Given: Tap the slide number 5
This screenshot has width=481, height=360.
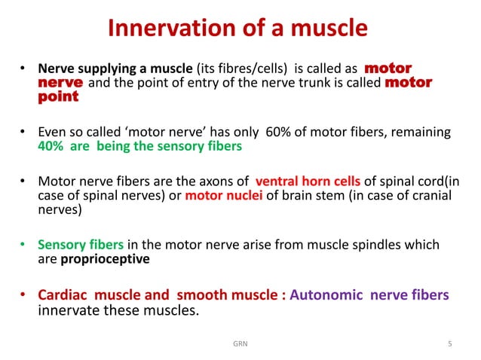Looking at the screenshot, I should click(450, 345).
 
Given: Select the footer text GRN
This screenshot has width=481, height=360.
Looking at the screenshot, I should click(240, 345).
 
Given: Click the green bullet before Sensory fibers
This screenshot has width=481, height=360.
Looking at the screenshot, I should click(23, 246).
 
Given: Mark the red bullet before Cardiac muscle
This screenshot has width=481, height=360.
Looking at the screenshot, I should click(23, 295).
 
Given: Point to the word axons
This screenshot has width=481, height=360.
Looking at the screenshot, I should click(215, 182).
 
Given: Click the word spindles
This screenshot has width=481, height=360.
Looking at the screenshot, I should click(390, 245).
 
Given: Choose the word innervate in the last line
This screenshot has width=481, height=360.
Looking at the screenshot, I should click(68, 311).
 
